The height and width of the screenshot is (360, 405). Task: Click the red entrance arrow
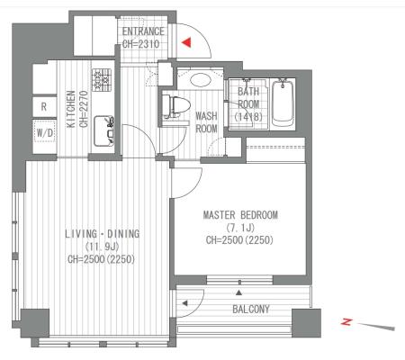187,42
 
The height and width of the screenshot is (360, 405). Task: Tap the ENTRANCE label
143,31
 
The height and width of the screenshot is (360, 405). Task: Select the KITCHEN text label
71,109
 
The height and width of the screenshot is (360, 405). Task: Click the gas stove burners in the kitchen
102,80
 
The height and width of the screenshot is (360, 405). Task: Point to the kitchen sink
103,131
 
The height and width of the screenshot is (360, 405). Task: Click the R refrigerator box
44,106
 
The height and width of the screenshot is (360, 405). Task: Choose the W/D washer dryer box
45,132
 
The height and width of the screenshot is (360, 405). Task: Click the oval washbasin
201,80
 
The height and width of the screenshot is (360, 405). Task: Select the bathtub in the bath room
283,103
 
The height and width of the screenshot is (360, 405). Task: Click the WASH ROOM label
206,122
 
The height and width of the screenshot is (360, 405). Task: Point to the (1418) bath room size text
248,117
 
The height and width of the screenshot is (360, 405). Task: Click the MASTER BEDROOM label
240,215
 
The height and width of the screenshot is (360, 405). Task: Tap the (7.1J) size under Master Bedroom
240,228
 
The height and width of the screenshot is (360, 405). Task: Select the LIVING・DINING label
103,234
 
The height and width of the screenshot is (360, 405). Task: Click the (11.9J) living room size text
102,247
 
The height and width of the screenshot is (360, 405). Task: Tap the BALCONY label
251,309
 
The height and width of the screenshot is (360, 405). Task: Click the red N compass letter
346,322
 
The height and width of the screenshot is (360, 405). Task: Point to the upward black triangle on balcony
238,292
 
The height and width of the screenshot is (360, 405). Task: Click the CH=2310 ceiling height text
140,44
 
